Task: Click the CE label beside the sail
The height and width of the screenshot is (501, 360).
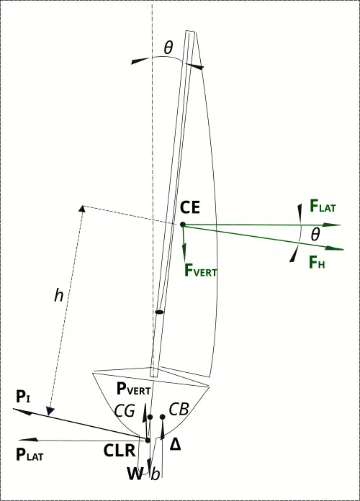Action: click(190, 207)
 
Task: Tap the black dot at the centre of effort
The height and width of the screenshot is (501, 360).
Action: click(183, 225)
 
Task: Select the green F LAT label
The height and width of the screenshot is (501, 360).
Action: click(323, 206)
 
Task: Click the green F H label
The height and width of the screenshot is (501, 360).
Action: click(317, 262)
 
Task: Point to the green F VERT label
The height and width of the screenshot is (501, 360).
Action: click(201, 270)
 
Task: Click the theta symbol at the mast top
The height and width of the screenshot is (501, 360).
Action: click(168, 48)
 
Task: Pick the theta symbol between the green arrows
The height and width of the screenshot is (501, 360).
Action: click(315, 235)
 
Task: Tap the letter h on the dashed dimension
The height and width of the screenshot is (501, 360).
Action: click(58, 295)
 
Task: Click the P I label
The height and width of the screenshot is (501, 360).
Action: click(23, 397)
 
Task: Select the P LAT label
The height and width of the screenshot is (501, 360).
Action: click(30, 454)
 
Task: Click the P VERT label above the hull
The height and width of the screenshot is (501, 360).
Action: click(134, 389)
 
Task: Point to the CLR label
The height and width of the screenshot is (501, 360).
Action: click(120, 451)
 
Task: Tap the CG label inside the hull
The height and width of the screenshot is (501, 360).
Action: click(125, 410)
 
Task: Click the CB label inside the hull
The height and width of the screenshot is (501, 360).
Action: click(179, 409)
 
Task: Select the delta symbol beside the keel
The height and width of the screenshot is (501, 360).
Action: click(175, 444)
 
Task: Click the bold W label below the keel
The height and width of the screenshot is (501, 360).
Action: click(135, 474)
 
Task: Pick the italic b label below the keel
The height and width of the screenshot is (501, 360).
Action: click(155, 474)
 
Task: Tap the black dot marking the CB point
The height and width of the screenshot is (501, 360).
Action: click(163, 417)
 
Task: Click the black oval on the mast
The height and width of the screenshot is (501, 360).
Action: click(159, 312)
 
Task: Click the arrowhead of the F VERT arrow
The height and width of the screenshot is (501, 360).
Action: click(184, 250)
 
